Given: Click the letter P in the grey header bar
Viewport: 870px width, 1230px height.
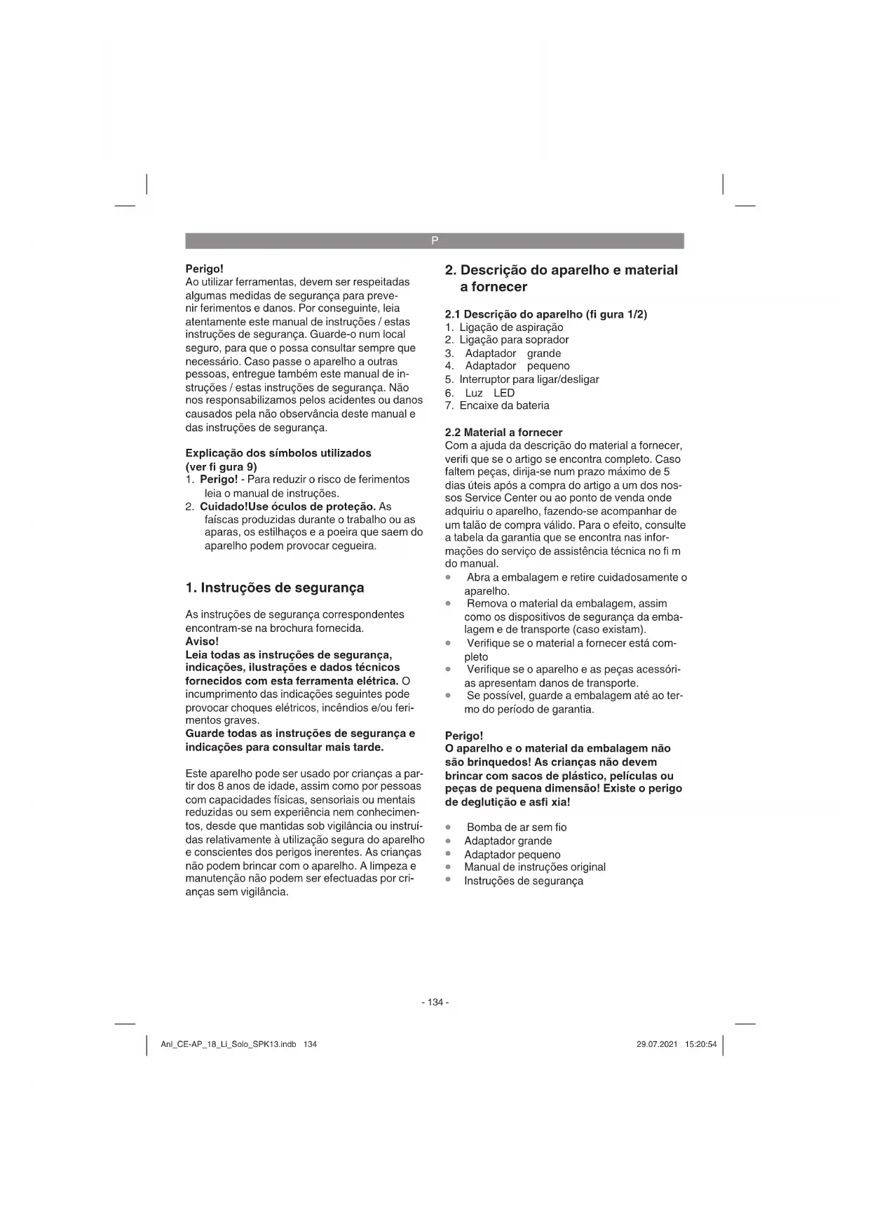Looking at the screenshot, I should click(435, 241).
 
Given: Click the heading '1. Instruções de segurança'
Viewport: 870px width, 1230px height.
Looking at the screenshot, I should click(275, 588).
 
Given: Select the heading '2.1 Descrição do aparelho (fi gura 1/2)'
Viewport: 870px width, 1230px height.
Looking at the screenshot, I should click(545, 314).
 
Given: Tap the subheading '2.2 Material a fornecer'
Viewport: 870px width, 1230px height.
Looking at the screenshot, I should click(503, 433).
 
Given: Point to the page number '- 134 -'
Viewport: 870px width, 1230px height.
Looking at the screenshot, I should click(435, 1002).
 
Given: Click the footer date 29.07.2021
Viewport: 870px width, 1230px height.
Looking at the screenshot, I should click(657, 1044).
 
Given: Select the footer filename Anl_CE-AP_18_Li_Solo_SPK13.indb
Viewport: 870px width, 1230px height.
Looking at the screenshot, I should click(229, 1044).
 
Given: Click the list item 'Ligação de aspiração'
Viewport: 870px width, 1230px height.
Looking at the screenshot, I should click(511, 327).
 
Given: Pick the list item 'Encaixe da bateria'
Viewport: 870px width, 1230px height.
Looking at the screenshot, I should click(504, 406).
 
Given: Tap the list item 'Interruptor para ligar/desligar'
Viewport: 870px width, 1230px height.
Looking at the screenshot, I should click(529, 379).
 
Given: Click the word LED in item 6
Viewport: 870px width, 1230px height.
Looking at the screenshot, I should click(504, 393).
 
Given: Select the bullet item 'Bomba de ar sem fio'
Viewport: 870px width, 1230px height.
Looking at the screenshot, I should click(516, 827).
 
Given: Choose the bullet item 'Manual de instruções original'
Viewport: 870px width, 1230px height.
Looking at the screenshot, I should click(534, 867).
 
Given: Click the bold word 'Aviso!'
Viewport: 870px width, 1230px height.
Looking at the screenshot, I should click(202, 642).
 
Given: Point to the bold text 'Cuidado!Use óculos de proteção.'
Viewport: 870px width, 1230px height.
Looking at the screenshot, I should click(288, 506).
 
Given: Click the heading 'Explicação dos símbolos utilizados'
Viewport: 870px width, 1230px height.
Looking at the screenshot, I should click(278, 453).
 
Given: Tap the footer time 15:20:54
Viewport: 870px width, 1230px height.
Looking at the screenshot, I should click(701, 1044).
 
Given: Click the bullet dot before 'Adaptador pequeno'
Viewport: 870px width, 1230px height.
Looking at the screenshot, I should click(448, 854).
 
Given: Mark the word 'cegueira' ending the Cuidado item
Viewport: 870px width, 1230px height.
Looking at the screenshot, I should click(354, 546).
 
